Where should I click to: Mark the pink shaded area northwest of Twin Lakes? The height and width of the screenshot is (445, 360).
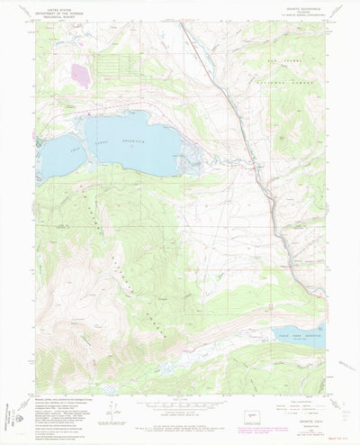[79, 72]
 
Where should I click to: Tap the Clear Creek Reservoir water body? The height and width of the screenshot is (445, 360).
[297, 336]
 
